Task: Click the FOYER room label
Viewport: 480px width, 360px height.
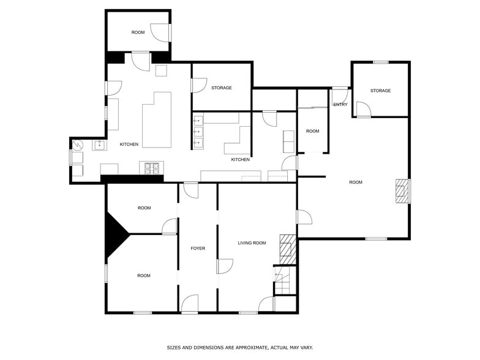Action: [198, 249]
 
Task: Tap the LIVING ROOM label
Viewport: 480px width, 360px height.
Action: [252, 243]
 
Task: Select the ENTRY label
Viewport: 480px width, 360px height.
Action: [340, 105]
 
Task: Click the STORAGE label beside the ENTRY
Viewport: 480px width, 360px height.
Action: [381, 91]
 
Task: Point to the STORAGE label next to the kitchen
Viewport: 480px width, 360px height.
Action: [222, 88]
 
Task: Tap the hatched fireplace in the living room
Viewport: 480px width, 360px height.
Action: [288, 250]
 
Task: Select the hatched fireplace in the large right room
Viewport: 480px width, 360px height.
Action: [403, 191]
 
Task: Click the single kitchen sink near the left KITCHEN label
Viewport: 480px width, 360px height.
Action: [99, 145]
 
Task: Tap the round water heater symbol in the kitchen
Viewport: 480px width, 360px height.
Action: [78, 144]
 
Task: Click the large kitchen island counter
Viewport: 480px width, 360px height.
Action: [157, 120]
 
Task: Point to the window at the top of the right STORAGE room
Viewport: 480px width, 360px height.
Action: [381, 62]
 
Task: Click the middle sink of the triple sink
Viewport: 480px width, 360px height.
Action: [198, 132]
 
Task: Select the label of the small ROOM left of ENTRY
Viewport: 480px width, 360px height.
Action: [312, 131]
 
